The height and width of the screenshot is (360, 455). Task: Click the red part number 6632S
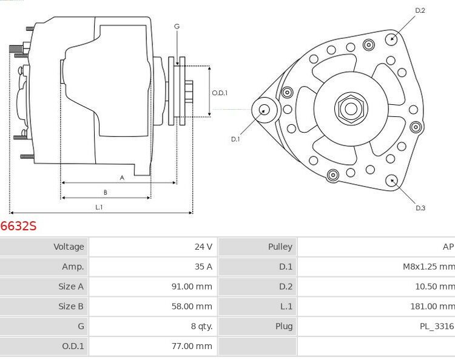(x=18, y=226)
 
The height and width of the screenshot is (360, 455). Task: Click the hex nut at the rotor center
(x=350, y=108)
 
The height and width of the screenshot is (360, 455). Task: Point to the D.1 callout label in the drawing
(x=235, y=139)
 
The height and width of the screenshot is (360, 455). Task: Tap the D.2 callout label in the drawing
(x=420, y=11)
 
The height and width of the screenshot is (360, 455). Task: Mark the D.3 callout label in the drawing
(x=420, y=208)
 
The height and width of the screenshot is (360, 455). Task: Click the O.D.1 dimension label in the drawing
(x=220, y=93)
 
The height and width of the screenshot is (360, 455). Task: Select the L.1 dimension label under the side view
(x=99, y=207)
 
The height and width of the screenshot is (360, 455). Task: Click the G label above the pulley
(x=177, y=26)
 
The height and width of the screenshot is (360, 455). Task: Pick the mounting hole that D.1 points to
(x=265, y=110)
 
